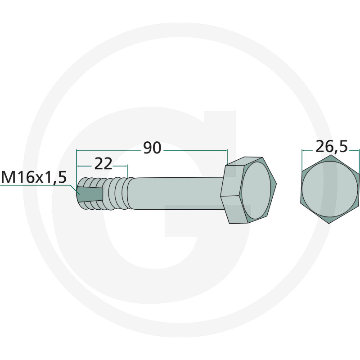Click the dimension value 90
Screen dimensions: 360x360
pos(152,148)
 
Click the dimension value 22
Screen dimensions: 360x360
pos(103,164)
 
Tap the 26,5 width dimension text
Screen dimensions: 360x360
pos(332,147)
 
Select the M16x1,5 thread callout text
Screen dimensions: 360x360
pos(34,177)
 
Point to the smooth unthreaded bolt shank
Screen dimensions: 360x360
pos(175,193)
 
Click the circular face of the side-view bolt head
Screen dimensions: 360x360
pos(256,190)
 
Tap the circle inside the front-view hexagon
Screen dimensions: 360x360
pos(330,189)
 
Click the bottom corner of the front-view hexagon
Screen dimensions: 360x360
pos(330,224)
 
